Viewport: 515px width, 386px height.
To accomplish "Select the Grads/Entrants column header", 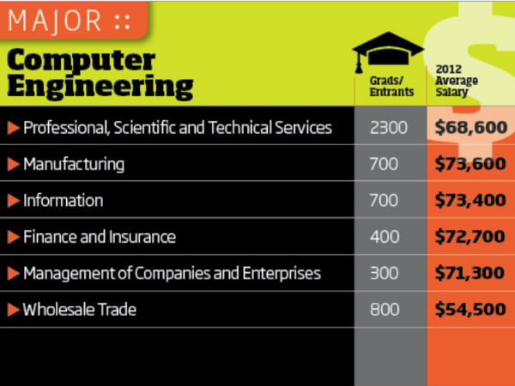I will [x=389, y=85].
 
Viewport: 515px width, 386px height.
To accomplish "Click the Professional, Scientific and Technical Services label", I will [x=177, y=128].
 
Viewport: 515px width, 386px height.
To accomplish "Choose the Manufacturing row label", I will [x=74, y=164].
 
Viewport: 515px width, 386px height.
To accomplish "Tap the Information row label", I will [x=64, y=201].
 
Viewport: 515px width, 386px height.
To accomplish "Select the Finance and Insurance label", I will [x=100, y=237].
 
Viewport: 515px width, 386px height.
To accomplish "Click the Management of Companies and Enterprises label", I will [x=172, y=274].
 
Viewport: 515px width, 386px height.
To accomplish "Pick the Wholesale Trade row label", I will [x=80, y=310].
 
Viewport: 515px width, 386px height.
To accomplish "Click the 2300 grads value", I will [x=389, y=128].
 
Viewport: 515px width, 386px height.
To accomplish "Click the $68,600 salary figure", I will [x=470, y=128].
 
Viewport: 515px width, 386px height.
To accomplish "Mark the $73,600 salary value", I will [x=470, y=164].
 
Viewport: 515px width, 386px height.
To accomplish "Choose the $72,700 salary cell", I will [x=470, y=237].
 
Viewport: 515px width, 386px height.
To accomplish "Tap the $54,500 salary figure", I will [x=470, y=310].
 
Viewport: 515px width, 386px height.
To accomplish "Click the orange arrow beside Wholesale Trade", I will [x=13, y=310].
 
